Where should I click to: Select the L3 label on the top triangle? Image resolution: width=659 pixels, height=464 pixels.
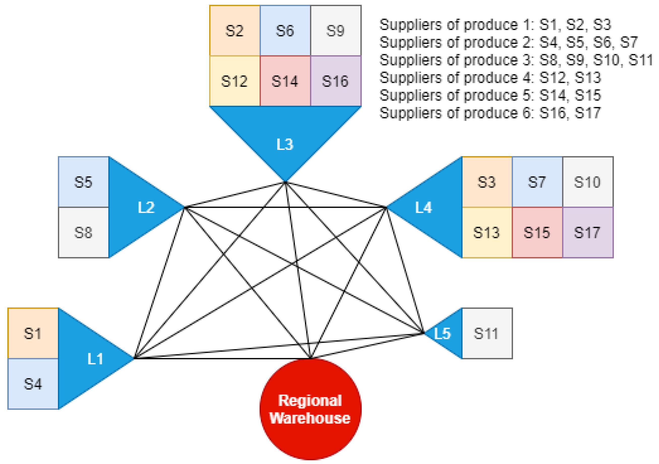pyautogui.click(x=285, y=144)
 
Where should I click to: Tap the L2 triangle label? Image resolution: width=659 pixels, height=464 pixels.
pyautogui.click(x=146, y=207)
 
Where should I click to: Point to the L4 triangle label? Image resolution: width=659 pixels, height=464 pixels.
pyautogui.click(x=424, y=207)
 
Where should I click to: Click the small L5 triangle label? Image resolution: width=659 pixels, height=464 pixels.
pyautogui.click(x=442, y=334)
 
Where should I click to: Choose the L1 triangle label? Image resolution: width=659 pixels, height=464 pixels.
pyautogui.click(x=95, y=359)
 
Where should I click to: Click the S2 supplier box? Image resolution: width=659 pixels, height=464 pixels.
pyautogui.click(x=235, y=31)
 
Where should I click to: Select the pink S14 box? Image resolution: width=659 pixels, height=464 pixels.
pyautogui.click(x=285, y=81)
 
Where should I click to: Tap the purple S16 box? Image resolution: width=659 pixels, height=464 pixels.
pyautogui.click(x=335, y=81)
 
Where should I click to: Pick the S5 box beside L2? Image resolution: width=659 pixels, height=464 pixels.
pyautogui.click(x=83, y=182)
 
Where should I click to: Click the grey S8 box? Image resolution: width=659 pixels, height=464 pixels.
pyautogui.click(x=83, y=233)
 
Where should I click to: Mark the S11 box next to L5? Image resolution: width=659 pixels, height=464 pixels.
pyautogui.click(x=487, y=334)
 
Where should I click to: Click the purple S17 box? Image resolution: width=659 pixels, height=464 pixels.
pyautogui.click(x=587, y=233)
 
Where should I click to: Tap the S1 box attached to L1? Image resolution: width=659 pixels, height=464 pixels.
pyautogui.click(x=33, y=334)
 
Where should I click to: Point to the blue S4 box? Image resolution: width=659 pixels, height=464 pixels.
pyautogui.click(x=33, y=384)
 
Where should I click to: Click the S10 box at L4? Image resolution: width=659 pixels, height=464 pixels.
pyautogui.click(x=587, y=182)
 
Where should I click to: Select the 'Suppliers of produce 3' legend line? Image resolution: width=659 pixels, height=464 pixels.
pyautogui.click(x=516, y=60)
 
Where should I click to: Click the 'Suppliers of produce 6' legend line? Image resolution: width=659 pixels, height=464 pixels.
pyautogui.click(x=490, y=113)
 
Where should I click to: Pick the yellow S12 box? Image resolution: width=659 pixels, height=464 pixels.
pyautogui.click(x=235, y=81)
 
